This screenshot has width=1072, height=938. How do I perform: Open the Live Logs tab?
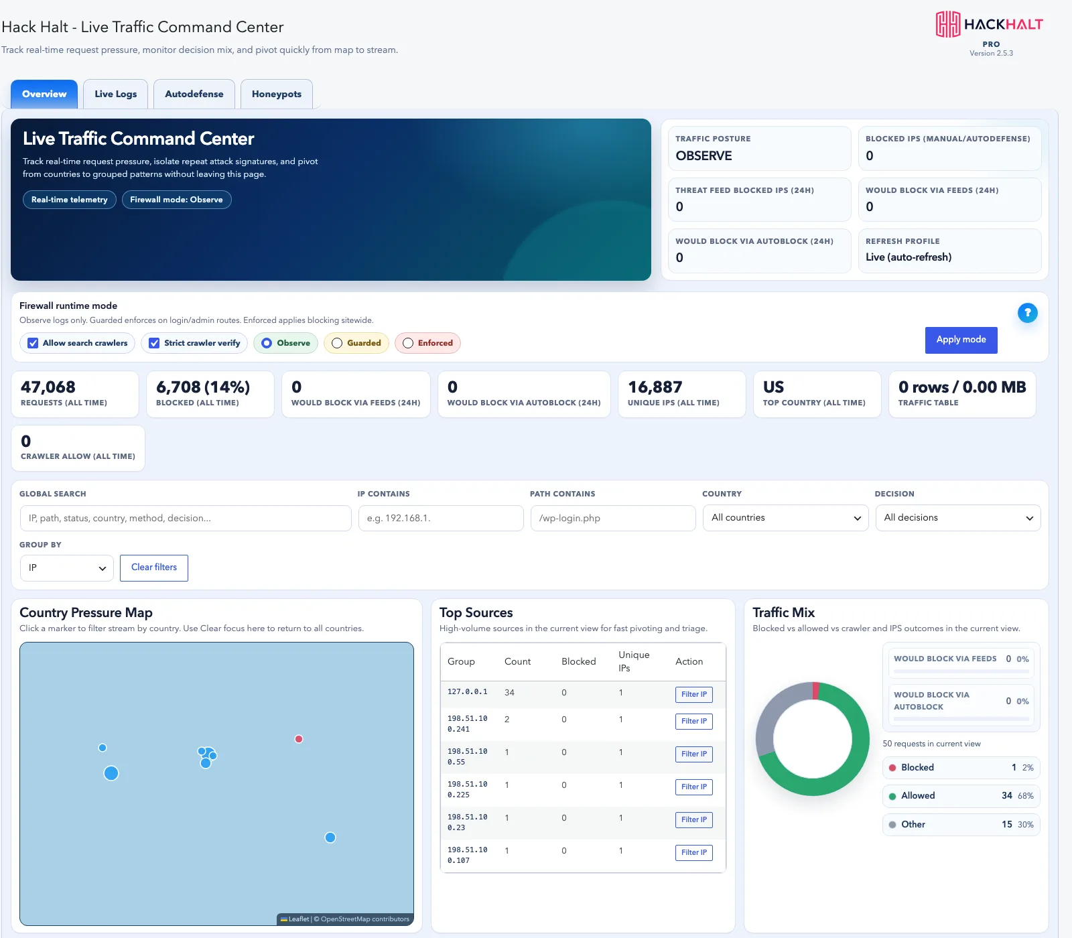[x=115, y=94]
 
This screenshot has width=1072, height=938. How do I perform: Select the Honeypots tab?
[x=277, y=94]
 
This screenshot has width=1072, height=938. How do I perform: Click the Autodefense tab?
[x=194, y=94]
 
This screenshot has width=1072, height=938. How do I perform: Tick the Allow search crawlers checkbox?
[x=33, y=343]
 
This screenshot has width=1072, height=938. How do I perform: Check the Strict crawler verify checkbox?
[x=154, y=343]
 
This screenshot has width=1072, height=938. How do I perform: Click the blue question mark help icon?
[x=1027, y=313]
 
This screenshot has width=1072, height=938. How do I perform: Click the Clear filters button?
[x=154, y=567]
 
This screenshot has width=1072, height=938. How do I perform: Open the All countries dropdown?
[x=786, y=518]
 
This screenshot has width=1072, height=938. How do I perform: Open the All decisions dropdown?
[x=958, y=518]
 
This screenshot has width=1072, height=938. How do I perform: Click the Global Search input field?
[x=186, y=518]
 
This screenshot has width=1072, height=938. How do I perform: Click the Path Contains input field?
[x=613, y=518]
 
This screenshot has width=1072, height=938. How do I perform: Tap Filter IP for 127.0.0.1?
[x=693, y=694]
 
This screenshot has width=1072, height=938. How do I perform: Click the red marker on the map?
[x=299, y=739]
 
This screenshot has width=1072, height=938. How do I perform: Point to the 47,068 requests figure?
[x=48, y=387]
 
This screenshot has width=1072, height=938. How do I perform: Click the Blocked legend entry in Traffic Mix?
[x=961, y=768]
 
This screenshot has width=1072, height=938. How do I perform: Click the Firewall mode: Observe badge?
[x=176, y=200]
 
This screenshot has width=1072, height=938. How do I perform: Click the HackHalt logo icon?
[x=948, y=24]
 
